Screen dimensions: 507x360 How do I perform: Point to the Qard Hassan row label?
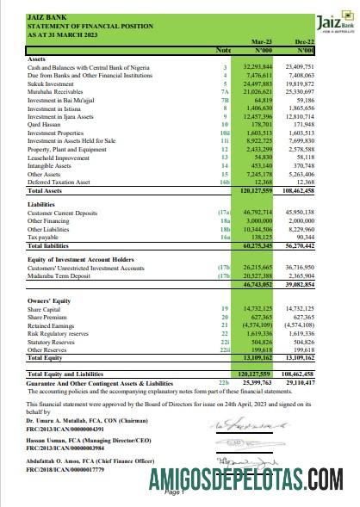[x=46, y=149]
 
